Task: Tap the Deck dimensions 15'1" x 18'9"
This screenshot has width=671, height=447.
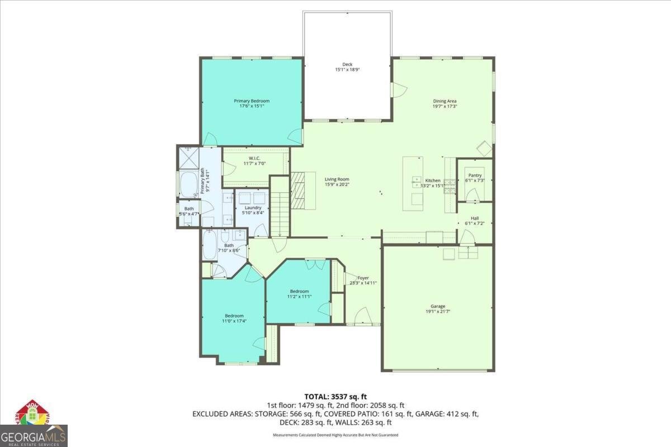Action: pos(347,70)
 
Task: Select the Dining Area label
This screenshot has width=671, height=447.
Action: pos(445,101)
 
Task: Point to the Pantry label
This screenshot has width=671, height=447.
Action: pos(475,175)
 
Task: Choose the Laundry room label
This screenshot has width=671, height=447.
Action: pos(253,207)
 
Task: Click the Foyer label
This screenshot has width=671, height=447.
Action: pos(363,278)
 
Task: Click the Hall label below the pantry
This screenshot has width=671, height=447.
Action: pos(475,218)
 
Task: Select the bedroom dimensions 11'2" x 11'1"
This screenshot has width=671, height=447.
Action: pos(299,297)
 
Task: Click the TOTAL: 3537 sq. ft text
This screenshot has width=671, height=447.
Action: pos(335,396)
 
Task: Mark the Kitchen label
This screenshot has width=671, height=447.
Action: pos(433,180)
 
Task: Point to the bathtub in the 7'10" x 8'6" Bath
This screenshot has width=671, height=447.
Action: pos(209,246)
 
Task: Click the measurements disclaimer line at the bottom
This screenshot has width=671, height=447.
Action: pos(335,435)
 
